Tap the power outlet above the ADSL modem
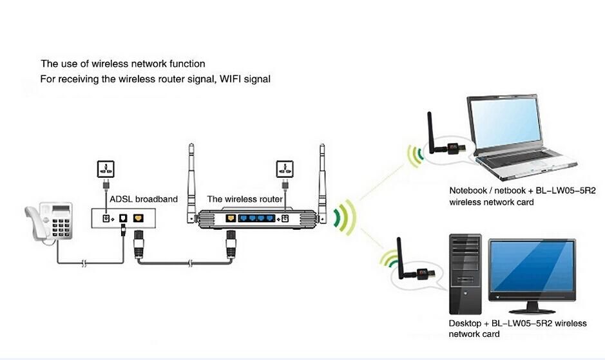[x=105, y=170]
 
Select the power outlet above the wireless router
[x=284, y=170]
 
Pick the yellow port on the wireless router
[x=231, y=218]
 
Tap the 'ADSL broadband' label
[x=143, y=199]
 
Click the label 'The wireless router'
[x=244, y=199]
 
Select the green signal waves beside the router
[x=345, y=214]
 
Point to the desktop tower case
[x=465, y=274]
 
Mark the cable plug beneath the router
[x=230, y=245]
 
